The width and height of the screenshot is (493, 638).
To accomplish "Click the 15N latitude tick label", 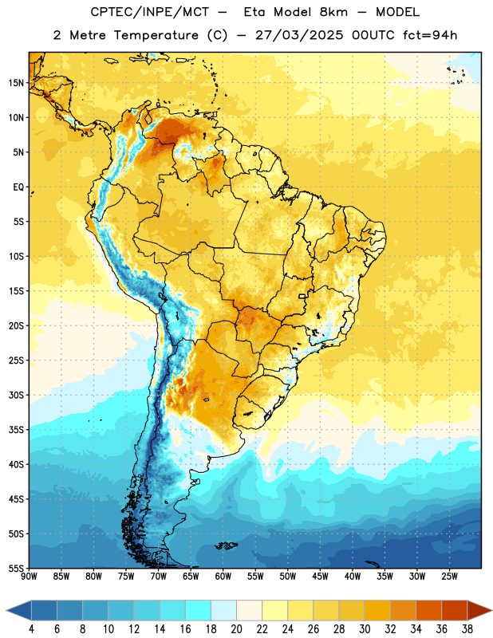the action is tap(16, 83).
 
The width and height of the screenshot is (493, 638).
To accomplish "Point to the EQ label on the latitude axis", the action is tap(18, 187).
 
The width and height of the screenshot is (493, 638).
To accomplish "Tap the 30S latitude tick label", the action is tap(16, 395).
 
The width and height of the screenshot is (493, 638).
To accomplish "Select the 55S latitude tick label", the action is tap(16, 569).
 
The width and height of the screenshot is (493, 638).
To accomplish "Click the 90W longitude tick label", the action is tap(29, 577).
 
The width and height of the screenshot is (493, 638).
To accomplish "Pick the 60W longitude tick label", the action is tap(223, 577).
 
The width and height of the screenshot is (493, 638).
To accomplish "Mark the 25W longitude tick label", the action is tap(449, 577).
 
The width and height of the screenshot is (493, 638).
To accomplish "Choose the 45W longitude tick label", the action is tap(320, 577).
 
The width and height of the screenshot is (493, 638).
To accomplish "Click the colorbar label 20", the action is tap(236, 629).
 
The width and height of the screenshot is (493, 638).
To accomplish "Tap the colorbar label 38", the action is tap(467, 629).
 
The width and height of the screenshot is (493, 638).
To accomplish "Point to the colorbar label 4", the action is tap(31, 629).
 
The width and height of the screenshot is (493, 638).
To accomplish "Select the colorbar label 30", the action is tap(365, 629).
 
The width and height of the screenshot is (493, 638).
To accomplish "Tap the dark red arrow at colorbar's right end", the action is tap(479, 610).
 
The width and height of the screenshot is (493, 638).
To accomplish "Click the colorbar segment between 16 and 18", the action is tap(199, 610).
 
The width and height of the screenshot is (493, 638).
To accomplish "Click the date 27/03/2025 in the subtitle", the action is tap(299, 35).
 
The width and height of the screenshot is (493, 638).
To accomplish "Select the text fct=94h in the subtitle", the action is tap(430, 35).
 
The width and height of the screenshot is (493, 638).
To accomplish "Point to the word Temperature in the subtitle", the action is tap(156, 35).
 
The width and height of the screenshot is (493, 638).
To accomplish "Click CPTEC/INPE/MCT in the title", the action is tap(149, 12).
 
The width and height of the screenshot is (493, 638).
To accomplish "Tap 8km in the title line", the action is tap(333, 12).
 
